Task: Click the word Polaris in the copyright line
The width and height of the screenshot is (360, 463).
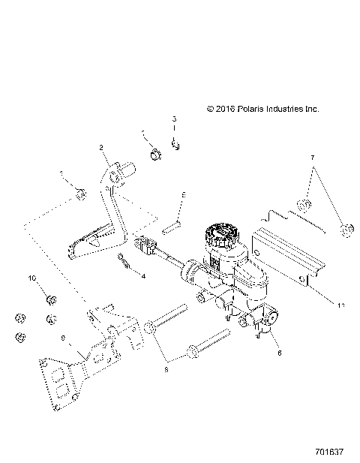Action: coord(251,109)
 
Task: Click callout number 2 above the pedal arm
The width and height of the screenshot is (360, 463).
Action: coord(101,149)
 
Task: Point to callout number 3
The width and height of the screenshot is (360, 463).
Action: coord(175,119)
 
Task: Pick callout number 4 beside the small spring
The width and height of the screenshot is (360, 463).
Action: coord(142,276)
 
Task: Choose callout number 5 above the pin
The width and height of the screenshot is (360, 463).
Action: coord(181,194)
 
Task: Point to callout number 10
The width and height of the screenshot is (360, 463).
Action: coord(33,278)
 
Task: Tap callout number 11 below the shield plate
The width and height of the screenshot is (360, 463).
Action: coord(319,306)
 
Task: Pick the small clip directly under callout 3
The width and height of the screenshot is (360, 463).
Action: coord(175,146)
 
